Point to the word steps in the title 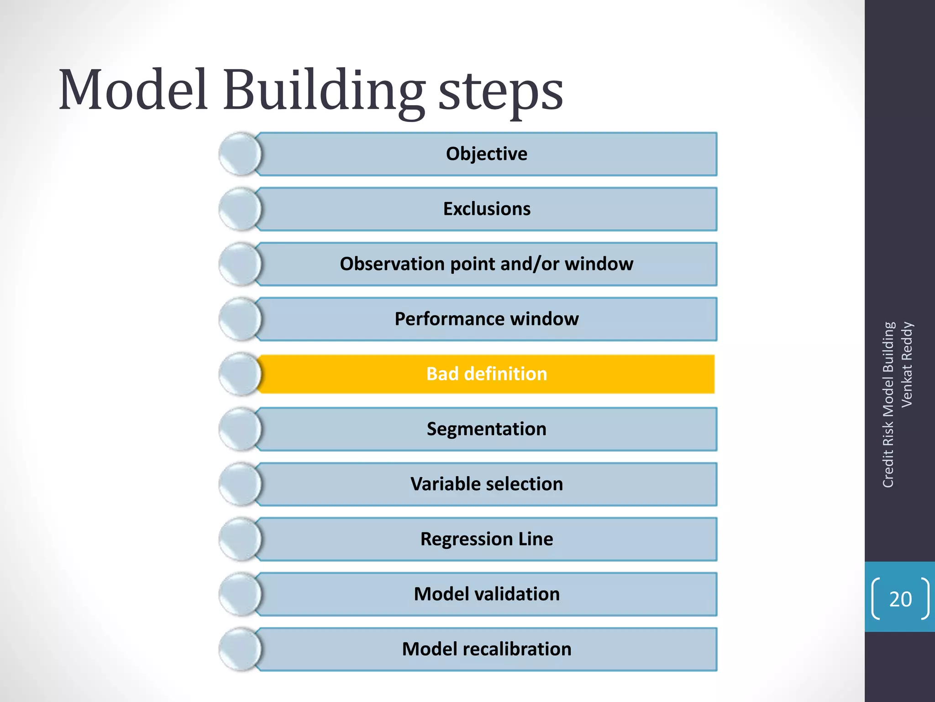click(501, 94)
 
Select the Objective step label click(486, 154)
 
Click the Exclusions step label click(487, 209)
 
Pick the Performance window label click(487, 319)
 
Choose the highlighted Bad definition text click(487, 374)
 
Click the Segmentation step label click(487, 429)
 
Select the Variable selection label click(487, 484)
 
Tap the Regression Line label click(487, 539)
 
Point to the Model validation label click(487, 594)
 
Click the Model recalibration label click(487, 649)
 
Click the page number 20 click(900, 599)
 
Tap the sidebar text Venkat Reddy click(907, 364)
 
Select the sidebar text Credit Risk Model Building click(888, 405)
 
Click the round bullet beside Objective click(240, 154)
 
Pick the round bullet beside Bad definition click(240, 374)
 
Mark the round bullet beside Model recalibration click(240, 649)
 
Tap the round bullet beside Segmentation click(240, 429)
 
